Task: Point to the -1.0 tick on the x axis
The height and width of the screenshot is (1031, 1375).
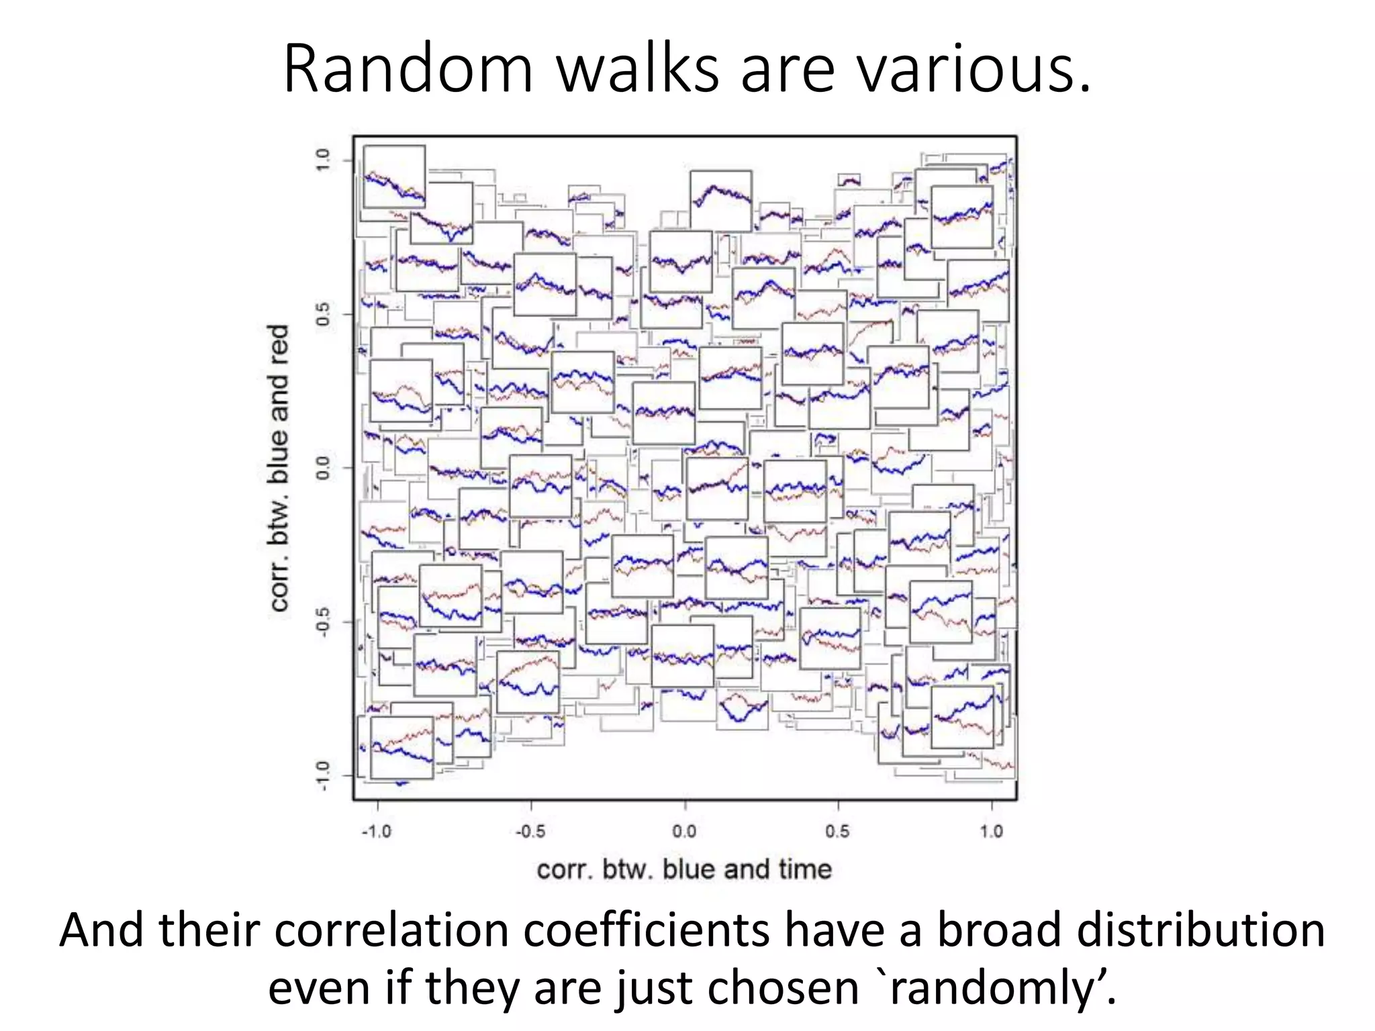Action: pyautogui.click(x=377, y=832)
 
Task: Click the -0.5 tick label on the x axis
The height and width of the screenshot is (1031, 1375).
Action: pyautogui.click(x=530, y=832)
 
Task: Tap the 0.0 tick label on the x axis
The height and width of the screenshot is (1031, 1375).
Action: pyautogui.click(x=685, y=832)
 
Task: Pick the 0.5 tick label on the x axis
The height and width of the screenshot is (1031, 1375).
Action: pyautogui.click(x=838, y=832)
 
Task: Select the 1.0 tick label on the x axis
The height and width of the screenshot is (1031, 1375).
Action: pyautogui.click(x=992, y=832)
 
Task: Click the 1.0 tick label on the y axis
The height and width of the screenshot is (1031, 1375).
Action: pyautogui.click(x=323, y=160)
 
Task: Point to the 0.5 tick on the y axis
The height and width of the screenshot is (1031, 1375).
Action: pyautogui.click(x=323, y=314)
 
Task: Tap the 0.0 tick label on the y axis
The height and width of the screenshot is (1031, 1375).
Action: pyautogui.click(x=323, y=468)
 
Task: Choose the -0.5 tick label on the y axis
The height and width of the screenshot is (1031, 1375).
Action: pyautogui.click(x=323, y=622)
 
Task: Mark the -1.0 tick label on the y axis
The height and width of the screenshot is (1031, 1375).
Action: pyautogui.click(x=323, y=775)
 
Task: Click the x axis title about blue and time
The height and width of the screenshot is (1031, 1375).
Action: pyautogui.click(x=684, y=870)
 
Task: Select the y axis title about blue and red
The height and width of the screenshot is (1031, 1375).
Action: pyautogui.click(x=279, y=468)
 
